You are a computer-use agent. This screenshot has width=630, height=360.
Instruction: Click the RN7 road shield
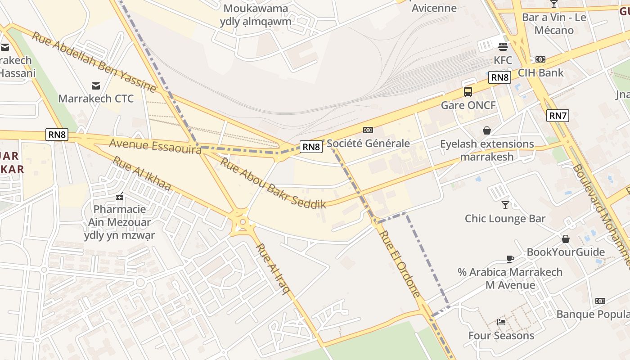click(558, 116)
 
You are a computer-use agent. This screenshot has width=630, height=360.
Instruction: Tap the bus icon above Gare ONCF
click(468, 92)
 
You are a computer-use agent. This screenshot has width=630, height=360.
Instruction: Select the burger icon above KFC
click(503, 46)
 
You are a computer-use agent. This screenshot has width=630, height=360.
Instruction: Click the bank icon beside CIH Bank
click(540, 59)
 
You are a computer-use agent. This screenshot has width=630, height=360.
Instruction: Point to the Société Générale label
click(368, 143)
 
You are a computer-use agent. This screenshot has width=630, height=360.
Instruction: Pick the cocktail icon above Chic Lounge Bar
click(505, 205)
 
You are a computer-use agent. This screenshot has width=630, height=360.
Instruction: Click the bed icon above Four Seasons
click(501, 322)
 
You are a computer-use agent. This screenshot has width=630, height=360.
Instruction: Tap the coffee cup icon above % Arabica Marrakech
click(510, 259)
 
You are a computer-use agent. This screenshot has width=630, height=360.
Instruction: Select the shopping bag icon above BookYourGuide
click(566, 238)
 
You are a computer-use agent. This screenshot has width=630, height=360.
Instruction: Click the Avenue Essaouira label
click(155, 146)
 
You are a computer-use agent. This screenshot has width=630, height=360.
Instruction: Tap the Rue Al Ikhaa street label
click(141, 173)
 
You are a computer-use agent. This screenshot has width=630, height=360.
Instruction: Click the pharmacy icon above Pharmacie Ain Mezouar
click(120, 196)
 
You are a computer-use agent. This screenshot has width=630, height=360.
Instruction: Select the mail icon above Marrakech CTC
click(96, 85)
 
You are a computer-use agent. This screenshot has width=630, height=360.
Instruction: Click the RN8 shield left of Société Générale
click(311, 147)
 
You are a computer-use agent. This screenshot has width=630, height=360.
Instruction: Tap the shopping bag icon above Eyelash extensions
click(486, 130)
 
